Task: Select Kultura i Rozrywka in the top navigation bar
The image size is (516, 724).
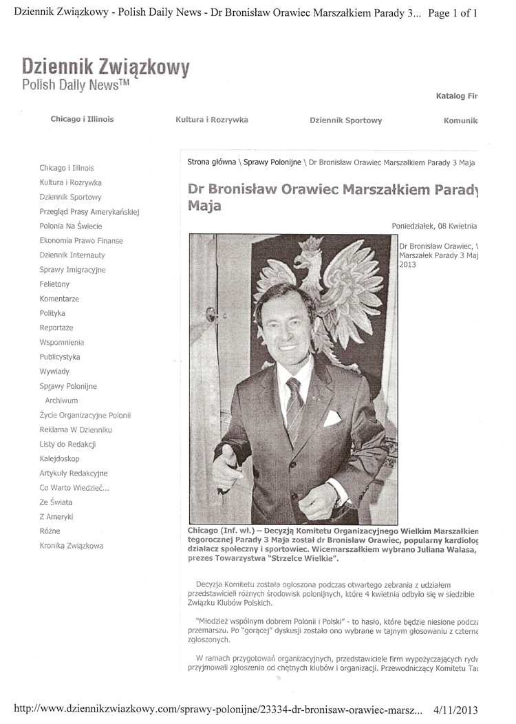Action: (212, 120)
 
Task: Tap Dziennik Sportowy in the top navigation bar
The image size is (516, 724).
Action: (345, 120)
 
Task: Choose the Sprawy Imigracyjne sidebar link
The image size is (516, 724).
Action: (72, 270)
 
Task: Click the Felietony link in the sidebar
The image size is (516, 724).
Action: (54, 284)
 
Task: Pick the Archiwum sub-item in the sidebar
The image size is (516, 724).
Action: (61, 401)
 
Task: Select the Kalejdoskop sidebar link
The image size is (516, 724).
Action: (59, 458)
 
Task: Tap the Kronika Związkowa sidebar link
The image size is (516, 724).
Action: (72, 546)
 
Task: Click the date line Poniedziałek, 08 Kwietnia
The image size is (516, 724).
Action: (433, 226)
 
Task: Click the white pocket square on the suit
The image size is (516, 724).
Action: (332, 417)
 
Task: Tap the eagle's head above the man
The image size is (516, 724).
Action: (306, 265)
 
